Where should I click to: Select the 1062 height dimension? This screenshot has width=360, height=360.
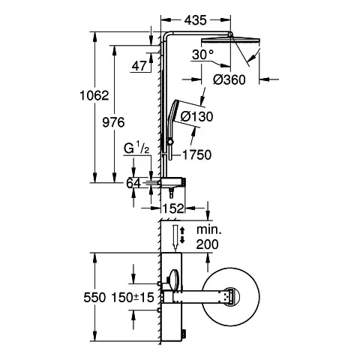pyautogui.click(x=95, y=96)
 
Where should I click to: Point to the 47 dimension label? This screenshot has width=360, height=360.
pyautogui.click(x=139, y=67)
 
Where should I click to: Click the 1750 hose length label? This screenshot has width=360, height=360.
pyautogui.click(x=197, y=154)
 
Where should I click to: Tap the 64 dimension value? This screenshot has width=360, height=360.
pyautogui.click(x=133, y=181)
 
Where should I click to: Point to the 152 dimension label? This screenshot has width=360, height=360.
pyautogui.click(x=174, y=209)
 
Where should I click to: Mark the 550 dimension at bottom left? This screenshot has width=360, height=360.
pyautogui.click(x=95, y=297)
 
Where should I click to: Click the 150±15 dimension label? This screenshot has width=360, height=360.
pyautogui.click(x=135, y=297)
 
